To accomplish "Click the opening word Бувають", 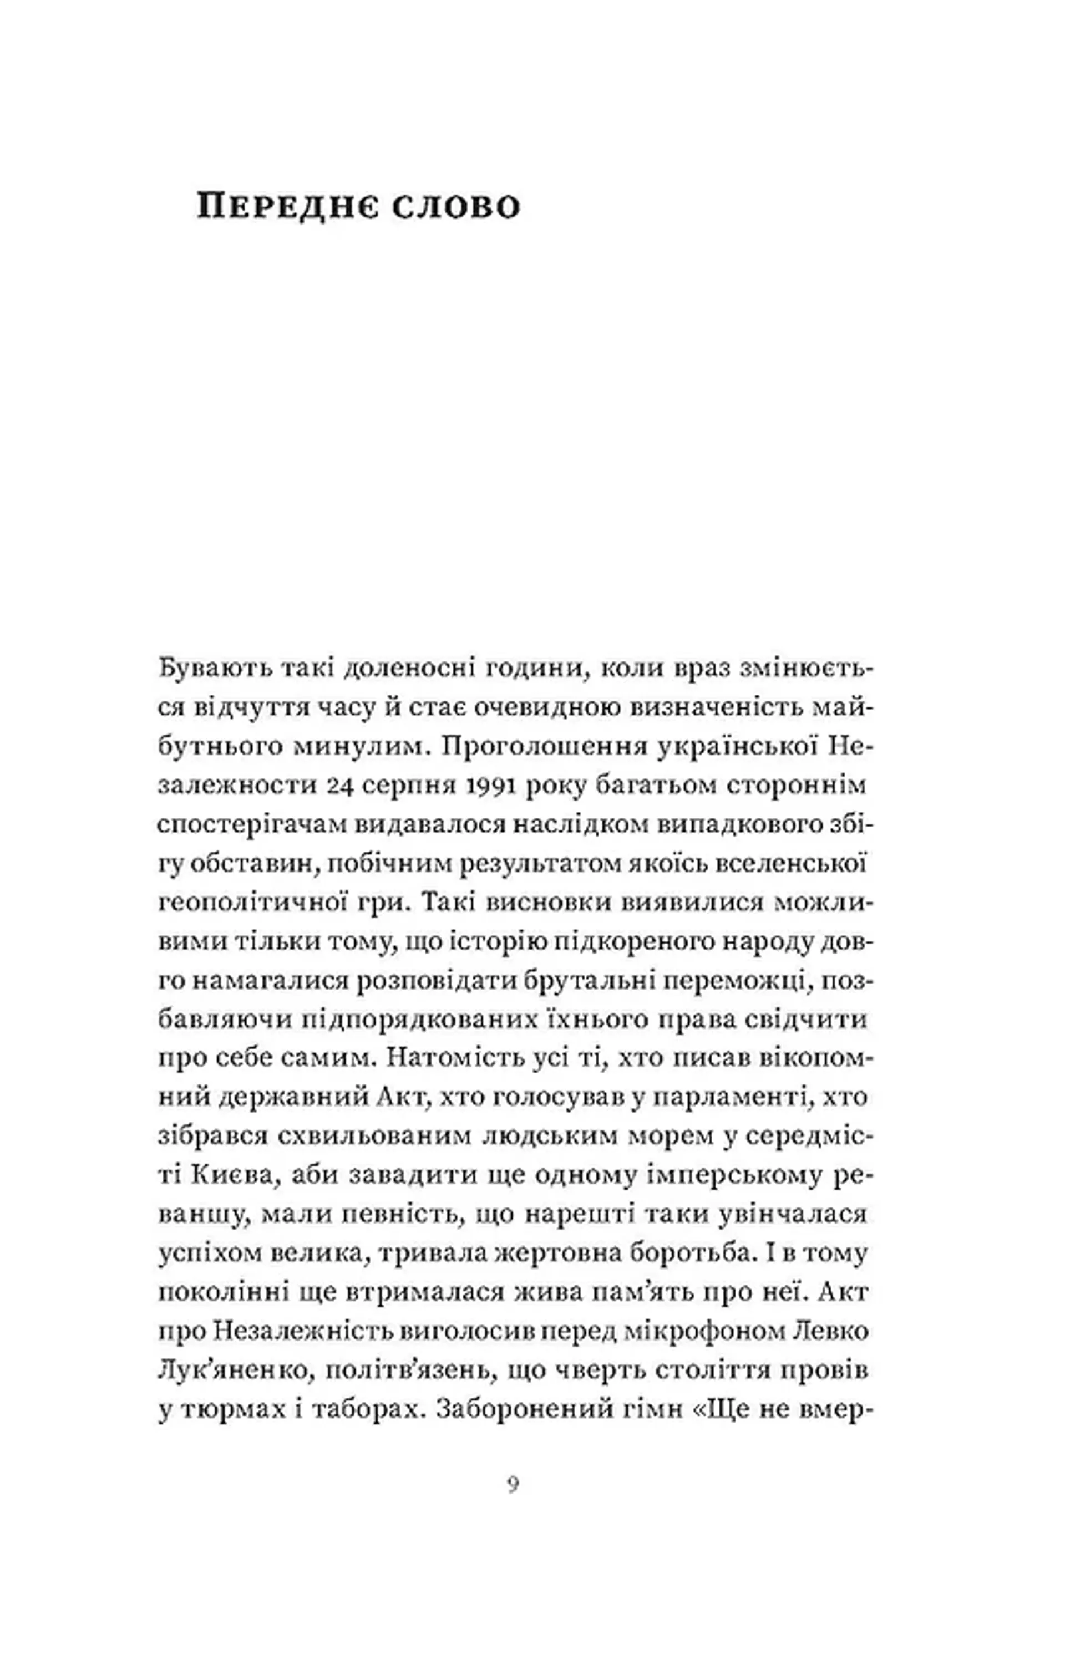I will pyautogui.click(x=215, y=669).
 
